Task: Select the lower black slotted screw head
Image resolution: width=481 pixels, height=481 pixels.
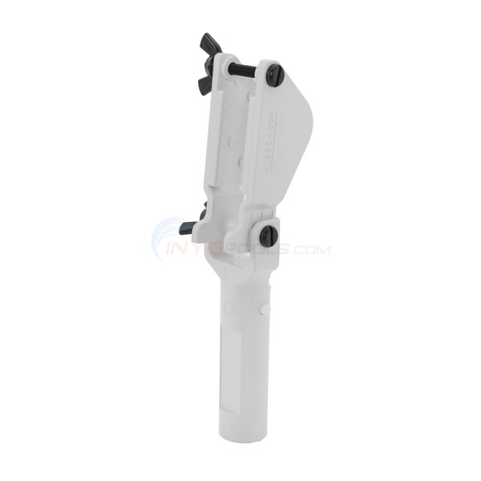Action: (x=269, y=235)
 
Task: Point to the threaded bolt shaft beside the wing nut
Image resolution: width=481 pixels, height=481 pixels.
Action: (x=242, y=69)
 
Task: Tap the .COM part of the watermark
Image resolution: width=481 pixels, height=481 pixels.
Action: (x=311, y=250)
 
